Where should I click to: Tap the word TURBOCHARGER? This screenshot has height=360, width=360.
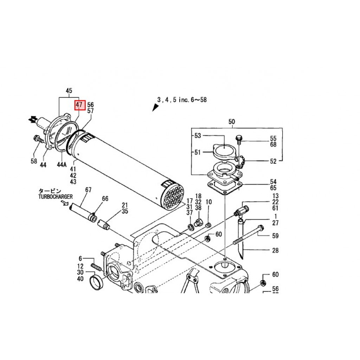pos(56,197)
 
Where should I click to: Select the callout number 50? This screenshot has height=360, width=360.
pos(232,122)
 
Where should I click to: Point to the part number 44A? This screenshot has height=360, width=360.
pos(62,165)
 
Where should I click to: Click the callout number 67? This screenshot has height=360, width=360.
pos(88,190)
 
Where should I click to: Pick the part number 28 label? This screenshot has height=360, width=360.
pos(275,250)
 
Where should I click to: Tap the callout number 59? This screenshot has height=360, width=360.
pos(275,236)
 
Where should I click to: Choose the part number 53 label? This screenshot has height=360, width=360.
pos(198,136)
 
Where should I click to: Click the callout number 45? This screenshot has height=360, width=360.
pos(69,91)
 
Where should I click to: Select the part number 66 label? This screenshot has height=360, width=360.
pos(105,199)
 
